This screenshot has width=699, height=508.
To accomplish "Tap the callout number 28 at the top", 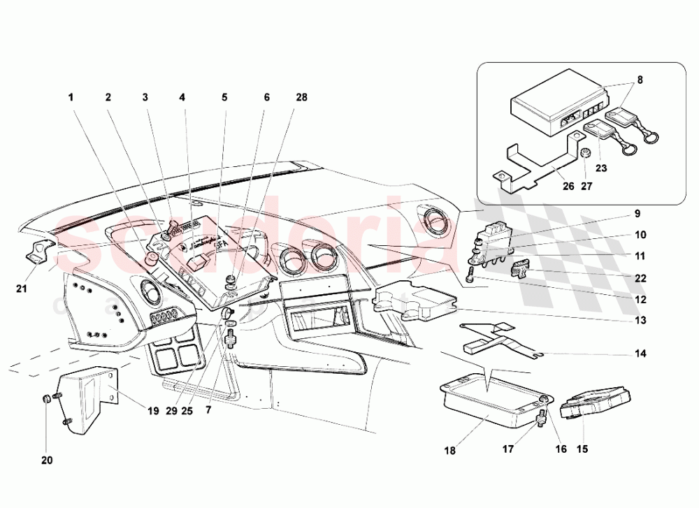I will [301, 98].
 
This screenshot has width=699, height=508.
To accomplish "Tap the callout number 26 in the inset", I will [567, 187].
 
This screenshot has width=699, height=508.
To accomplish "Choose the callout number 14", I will [640, 354].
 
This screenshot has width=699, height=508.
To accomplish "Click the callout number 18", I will [449, 451].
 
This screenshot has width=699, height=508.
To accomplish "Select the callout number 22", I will [640, 278].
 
